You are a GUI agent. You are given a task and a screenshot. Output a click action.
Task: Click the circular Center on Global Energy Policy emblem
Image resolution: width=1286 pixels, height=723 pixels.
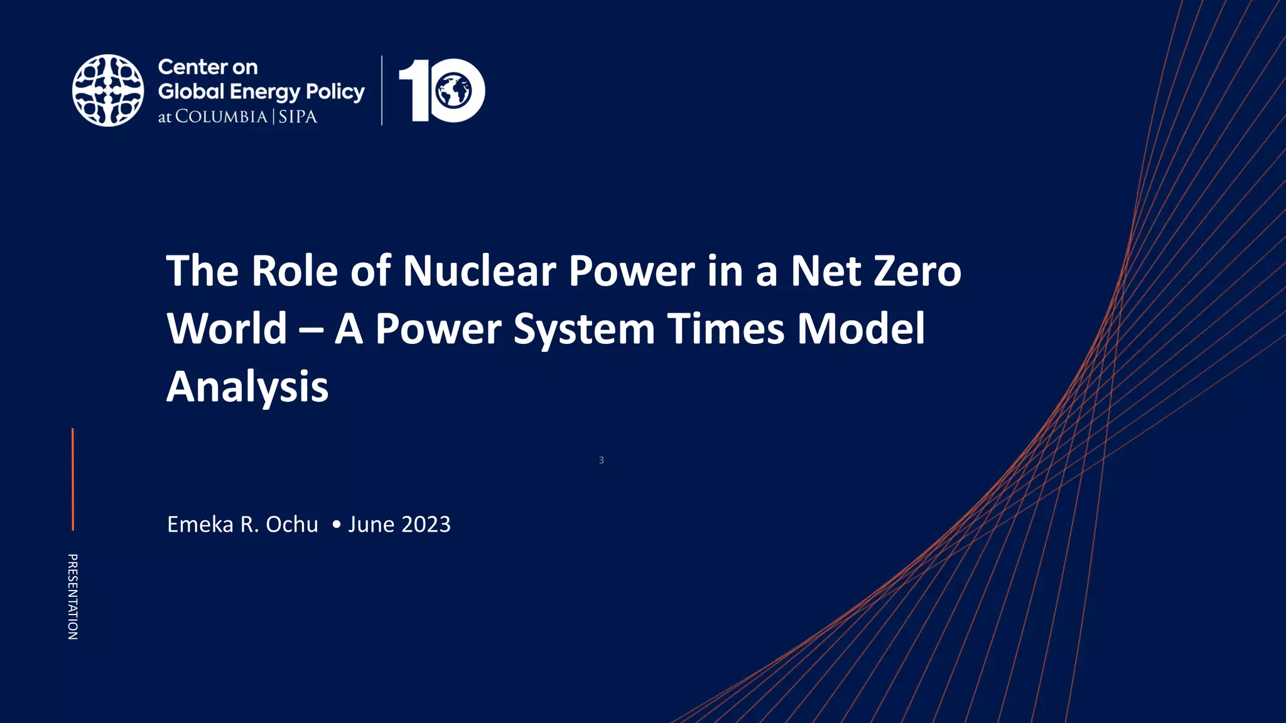pyautogui.click(x=108, y=90)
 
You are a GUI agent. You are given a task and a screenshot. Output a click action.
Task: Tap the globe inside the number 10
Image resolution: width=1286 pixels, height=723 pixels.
pyautogui.click(x=454, y=91)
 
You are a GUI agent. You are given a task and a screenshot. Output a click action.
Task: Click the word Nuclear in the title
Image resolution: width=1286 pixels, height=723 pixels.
pyautogui.click(x=479, y=271)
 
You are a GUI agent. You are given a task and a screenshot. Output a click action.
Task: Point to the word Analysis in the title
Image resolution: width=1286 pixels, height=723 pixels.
pyautogui.click(x=247, y=387)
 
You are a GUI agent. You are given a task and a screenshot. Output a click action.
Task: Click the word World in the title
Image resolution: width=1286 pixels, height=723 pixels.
pyautogui.click(x=227, y=329)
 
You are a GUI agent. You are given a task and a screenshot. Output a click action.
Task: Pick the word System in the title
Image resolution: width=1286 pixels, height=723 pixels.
pyautogui.click(x=584, y=330)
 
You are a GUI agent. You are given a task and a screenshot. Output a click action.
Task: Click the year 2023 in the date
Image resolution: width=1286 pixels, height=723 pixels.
pyautogui.click(x=425, y=524)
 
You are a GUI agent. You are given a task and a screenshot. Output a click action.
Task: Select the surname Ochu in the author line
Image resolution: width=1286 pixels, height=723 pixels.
pyautogui.click(x=292, y=524)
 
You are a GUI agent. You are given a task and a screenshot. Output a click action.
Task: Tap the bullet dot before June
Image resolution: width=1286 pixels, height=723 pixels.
pyautogui.click(x=337, y=524)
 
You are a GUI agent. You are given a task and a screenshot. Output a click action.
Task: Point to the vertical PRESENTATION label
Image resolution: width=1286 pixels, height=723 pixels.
pyautogui.click(x=73, y=596)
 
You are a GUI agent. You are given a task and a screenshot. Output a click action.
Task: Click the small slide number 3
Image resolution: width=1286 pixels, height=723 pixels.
pyautogui.click(x=601, y=460)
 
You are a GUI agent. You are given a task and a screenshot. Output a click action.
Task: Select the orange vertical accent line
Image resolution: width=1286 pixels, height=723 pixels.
pyautogui.click(x=73, y=479)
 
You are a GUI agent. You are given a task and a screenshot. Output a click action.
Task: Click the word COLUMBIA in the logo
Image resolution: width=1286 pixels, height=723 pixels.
pyautogui.click(x=221, y=117)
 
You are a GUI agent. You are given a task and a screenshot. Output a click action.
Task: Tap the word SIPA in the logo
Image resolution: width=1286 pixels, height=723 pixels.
pyautogui.click(x=298, y=117)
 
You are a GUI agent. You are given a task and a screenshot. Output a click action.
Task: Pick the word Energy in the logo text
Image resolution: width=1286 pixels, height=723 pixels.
pyautogui.click(x=265, y=92)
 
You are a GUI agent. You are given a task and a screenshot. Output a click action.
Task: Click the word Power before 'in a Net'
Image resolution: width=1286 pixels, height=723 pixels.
pyautogui.click(x=632, y=271)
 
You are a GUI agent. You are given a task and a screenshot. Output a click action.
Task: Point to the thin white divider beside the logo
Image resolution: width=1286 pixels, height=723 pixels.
pyautogui.click(x=382, y=90)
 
